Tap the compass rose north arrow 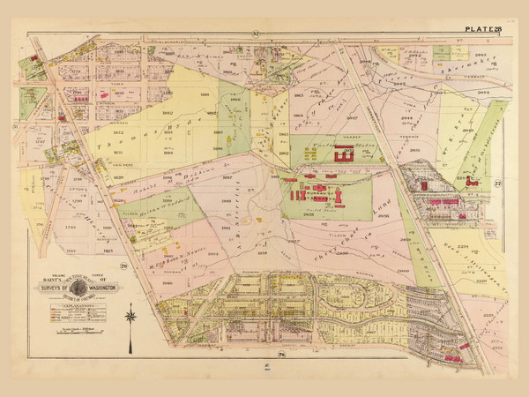pyautogui.click(x=130, y=315)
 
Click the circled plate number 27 pyautogui.click(x=496, y=183)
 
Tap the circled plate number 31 pyautogui.click(x=16, y=126)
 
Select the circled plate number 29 pyautogui.click(x=125, y=266)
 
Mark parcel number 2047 pyautogui.click(x=351, y=116)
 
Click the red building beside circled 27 pyautogui.click(x=472, y=182)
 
